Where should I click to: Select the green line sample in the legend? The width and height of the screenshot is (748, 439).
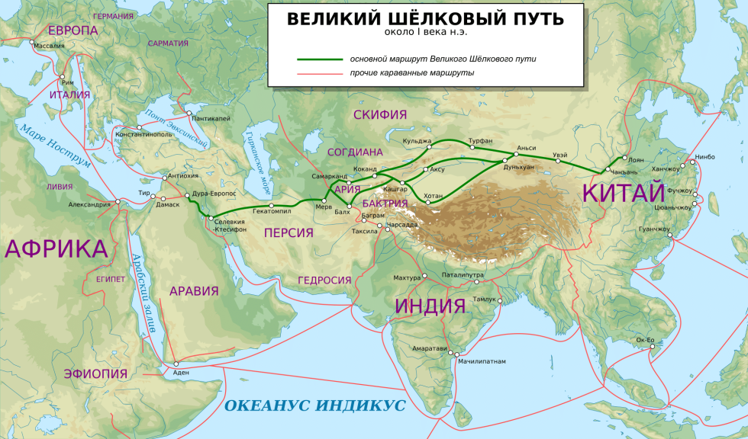320,59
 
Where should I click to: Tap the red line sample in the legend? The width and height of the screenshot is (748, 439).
320,73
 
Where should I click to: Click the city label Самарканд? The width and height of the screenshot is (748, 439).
330,176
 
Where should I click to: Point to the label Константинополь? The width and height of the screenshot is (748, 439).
143,135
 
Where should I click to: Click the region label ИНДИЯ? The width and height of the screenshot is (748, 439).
430,306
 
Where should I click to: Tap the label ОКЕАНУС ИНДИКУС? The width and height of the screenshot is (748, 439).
314,405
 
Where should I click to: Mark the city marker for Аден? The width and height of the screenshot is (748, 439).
176,364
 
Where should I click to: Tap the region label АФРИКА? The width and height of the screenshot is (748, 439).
56,248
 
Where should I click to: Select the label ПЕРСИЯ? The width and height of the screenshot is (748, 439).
289,232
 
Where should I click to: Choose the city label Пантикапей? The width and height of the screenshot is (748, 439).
212,118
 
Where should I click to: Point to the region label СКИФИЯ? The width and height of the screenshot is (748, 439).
380,115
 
